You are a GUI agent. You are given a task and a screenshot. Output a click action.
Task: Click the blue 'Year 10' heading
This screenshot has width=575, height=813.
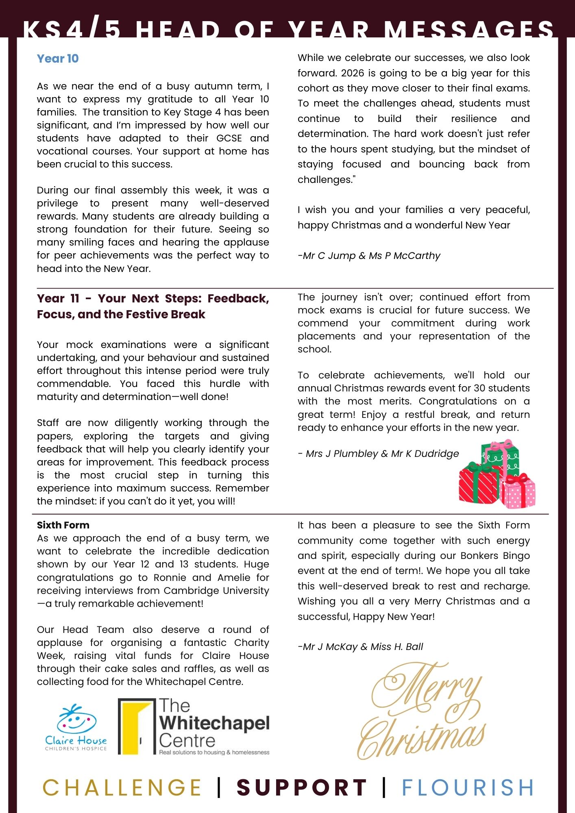pyautogui.click(x=58, y=59)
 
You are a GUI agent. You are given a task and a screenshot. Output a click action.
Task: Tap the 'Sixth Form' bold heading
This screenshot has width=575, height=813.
pyautogui.click(x=63, y=525)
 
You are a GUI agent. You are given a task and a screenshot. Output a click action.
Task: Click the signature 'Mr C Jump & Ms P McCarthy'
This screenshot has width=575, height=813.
pyautogui.click(x=369, y=256)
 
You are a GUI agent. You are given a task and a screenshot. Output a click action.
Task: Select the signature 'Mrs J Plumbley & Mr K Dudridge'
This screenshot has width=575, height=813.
pyautogui.click(x=379, y=454)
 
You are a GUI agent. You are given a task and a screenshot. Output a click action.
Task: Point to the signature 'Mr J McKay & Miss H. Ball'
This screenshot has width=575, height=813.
pyautogui.click(x=361, y=647)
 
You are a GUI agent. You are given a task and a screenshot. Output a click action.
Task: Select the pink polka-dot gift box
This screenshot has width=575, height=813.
pyautogui.click(x=518, y=491)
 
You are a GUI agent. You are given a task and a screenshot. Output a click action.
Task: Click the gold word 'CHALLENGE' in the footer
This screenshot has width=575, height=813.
pyautogui.click(x=122, y=787)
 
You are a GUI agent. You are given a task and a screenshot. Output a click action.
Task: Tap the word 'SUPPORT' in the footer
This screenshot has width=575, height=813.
pyautogui.click(x=302, y=787)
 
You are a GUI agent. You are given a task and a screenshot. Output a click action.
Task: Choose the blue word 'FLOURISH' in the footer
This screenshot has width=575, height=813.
pyautogui.click(x=468, y=787)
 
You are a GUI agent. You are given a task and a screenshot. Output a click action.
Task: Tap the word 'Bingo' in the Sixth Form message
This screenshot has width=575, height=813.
pyautogui.click(x=515, y=556)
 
